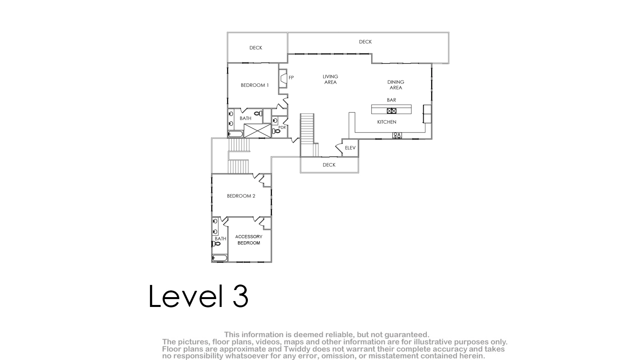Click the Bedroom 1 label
(x=255, y=85)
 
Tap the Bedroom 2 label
(x=241, y=196)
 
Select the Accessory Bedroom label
(x=249, y=240)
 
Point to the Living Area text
(x=330, y=79)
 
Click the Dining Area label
(x=396, y=85)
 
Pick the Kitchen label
(x=386, y=122)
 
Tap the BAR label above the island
(x=392, y=100)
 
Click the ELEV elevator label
(x=350, y=148)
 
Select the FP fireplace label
(x=291, y=77)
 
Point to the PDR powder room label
(x=282, y=127)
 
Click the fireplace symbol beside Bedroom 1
(x=283, y=78)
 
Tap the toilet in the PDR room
(x=276, y=131)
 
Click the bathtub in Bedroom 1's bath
(x=236, y=134)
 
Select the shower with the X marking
(x=258, y=131)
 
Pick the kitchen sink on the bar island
(x=392, y=111)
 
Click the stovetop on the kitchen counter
(x=397, y=135)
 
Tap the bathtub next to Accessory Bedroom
(x=220, y=258)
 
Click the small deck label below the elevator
(x=329, y=165)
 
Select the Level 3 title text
(x=198, y=296)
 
